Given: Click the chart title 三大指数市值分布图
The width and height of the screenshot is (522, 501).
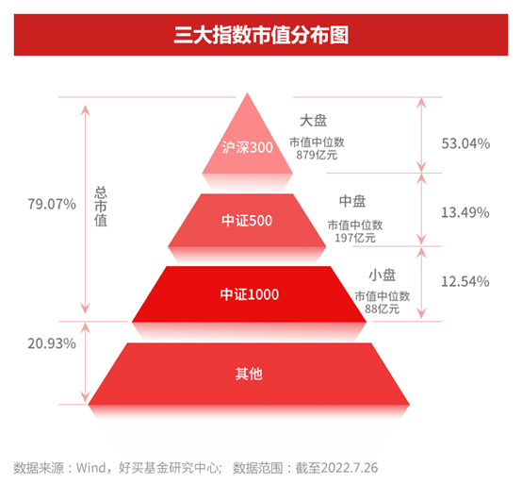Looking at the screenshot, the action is (x=261, y=35).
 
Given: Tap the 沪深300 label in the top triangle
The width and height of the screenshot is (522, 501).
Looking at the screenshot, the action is (x=248, y=147).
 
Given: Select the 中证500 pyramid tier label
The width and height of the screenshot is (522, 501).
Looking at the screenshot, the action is (x=247, y=221).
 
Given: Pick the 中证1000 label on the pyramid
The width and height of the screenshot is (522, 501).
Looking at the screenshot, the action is (x=250, y=294).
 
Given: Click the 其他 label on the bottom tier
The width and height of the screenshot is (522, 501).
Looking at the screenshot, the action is (x=249, y=374).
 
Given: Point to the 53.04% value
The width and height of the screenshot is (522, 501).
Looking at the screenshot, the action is (x=465, y=143).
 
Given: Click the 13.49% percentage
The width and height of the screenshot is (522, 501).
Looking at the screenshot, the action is (x=465, y=212).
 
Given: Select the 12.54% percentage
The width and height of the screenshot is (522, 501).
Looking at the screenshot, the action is (x=465, y=281).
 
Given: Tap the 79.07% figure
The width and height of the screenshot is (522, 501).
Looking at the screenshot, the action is (x=52, y=204).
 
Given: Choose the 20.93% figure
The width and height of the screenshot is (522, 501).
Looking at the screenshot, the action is (x=52, y=343).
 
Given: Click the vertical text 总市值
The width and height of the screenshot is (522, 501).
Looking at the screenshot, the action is (x=101, y=207).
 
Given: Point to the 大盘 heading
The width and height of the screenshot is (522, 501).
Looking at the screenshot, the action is (x=313, y=121).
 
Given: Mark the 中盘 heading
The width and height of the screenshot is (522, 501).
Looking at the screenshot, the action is (x=352, y=201).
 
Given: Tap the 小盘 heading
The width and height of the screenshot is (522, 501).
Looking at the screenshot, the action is (x=383, y=276).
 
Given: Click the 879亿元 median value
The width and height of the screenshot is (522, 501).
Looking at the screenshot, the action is (x=317, y=155).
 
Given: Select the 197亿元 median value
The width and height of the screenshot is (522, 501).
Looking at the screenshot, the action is (x=355, y=238).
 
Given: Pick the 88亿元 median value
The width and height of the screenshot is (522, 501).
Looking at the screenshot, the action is (x=382, y=309).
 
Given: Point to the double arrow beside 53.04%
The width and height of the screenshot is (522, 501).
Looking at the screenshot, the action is (x=421, y=135).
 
